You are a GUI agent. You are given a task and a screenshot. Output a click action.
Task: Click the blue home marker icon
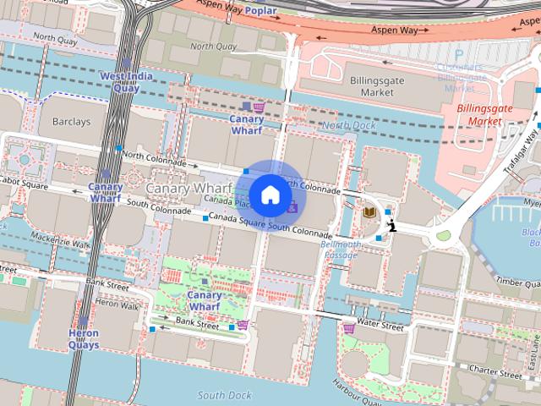(x=270, y=195)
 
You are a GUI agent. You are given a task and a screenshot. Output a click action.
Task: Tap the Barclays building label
(x=71, y=122)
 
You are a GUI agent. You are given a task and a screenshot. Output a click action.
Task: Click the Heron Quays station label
(x=84, y=339)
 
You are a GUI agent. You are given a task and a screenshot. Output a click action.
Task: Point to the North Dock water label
(x=347, y=125)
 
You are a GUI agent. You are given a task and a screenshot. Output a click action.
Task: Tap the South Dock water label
(x=225, y=395)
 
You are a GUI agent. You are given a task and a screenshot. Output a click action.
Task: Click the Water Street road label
(x=380, y=324)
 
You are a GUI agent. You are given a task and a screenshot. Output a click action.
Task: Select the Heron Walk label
(x=117, y=305)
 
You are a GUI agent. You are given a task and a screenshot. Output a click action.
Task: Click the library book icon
(x=369, y=212)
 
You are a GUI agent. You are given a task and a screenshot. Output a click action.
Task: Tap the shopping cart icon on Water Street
(x=349, y=328)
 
